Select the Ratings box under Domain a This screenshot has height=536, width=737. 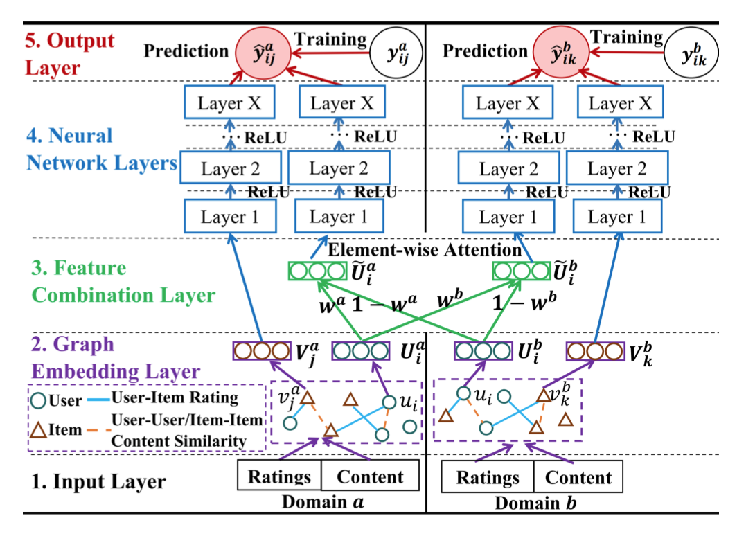pyautogui.click(x=279, y=477)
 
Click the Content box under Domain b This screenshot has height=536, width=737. pyautogui.click(x=578, y=477)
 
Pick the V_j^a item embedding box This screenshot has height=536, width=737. pyautogui.click(x=260, y=350)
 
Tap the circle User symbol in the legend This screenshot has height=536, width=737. pyautogui.click(x=39, y=400)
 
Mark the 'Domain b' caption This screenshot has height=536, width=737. pyautogui.click(x=533, y=503)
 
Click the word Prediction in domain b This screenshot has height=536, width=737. pyautogui.click(x=485, y=51)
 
